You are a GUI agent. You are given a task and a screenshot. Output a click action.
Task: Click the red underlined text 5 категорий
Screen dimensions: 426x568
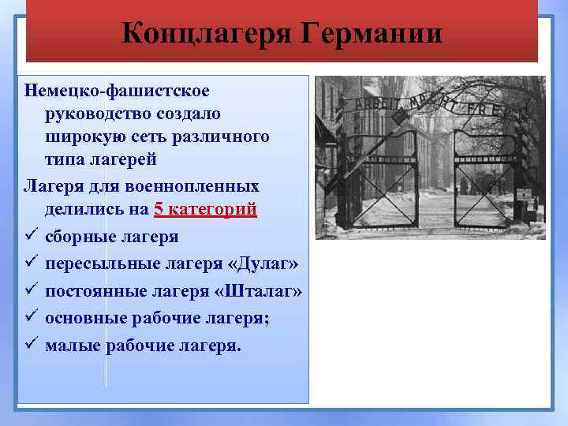pyautogui.click(x=205, y=210)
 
